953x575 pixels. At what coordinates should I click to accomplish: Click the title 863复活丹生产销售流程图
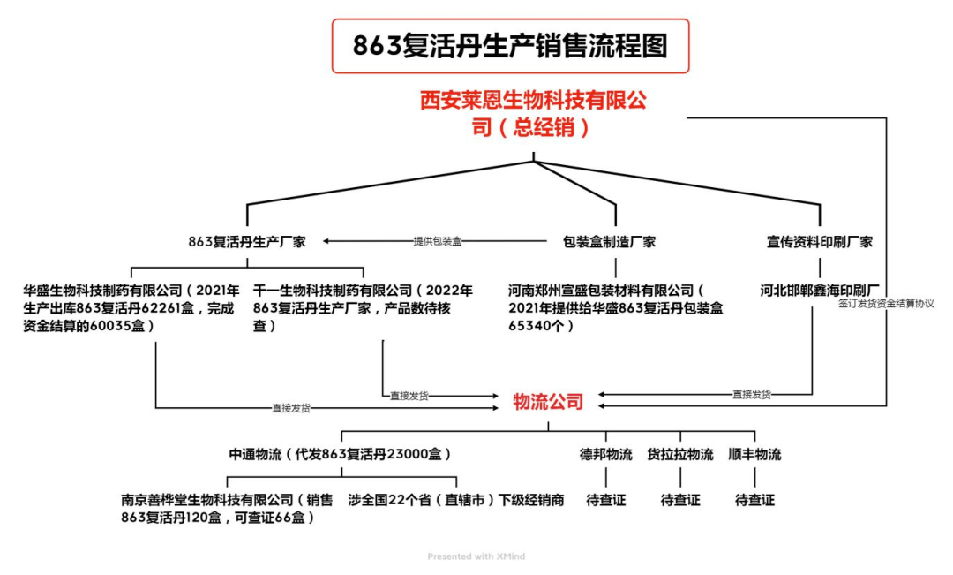coord(510,46)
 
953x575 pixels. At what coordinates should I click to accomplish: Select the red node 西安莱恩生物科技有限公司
coord(533,114)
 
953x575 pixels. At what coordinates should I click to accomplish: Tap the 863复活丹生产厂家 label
coord(247,241)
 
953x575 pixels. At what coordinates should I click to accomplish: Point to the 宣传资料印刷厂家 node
coord(820,241)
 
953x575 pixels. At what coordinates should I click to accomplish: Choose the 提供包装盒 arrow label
coord(438,241)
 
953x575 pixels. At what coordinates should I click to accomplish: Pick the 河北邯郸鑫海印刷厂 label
coord(821,290)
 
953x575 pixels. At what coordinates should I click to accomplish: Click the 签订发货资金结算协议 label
coord(885,303)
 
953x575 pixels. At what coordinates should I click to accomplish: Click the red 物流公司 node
coord(548,402)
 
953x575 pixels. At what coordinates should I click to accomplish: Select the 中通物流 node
coord(341,455)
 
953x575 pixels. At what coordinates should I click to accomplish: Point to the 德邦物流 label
coord(605,455)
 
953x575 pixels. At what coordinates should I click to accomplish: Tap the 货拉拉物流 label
coord(680,455)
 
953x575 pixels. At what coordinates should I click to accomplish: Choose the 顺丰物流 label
coord(754,455)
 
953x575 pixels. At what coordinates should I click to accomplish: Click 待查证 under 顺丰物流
coord(754,500)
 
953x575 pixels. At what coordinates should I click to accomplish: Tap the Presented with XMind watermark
coord(476,556)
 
